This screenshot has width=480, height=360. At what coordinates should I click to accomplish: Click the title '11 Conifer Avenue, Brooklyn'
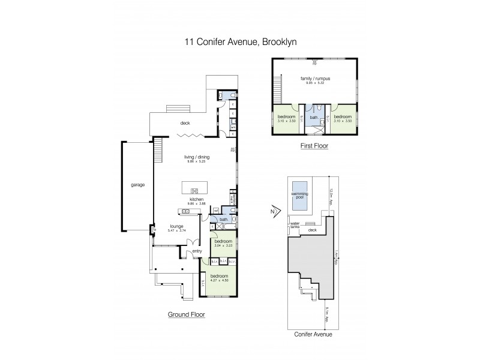coord(239,43)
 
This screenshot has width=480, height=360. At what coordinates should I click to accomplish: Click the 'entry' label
coord(197,251)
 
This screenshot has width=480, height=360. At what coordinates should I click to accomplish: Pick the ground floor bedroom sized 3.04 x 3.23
coord(223,243)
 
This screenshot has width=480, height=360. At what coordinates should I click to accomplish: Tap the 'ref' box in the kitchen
coord(215,210)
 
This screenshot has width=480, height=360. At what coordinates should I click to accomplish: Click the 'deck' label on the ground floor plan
coord(186,124)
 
